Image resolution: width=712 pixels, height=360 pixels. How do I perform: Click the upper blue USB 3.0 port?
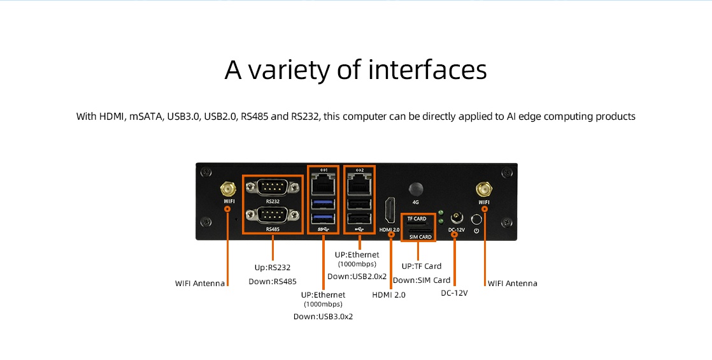(324, 204)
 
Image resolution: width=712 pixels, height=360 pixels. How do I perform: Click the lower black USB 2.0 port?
(359, 219)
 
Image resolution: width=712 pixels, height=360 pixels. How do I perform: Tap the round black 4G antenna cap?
(415, 190)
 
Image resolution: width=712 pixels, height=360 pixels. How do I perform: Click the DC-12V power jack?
(456, 218)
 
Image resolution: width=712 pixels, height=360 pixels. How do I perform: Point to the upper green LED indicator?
(440, 213)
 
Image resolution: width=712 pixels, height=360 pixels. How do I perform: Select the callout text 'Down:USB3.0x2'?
(323, 317)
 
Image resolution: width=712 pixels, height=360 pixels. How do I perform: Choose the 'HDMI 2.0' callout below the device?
(388, 294)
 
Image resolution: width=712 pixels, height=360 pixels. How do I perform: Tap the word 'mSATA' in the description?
(146, 117)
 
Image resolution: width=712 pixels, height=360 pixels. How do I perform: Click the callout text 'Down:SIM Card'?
(422, 280)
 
